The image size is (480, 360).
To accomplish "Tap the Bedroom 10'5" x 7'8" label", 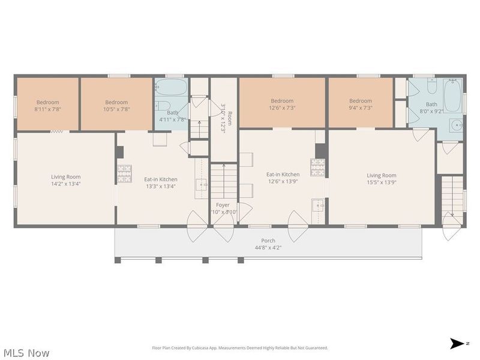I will point(116,106).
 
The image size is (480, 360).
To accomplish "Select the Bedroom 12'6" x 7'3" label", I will point(282,104).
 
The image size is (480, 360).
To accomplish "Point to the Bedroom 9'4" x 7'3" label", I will point(361,104).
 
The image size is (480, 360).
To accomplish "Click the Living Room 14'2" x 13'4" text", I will point(65,179).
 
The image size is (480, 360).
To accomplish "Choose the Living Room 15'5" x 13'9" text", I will point(382,179).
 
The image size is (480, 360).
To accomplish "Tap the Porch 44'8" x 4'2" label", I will point(268,244).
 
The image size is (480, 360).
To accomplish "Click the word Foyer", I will point(223,205).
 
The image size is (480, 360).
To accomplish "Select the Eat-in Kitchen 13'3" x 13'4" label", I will point(160,182).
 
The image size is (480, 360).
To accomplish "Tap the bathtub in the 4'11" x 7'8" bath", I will point(172,88).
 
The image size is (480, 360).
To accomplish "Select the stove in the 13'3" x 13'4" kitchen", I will point(124,173).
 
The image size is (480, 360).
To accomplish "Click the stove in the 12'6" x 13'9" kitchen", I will point(317,166).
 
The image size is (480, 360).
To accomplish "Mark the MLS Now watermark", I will point(26,353).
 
